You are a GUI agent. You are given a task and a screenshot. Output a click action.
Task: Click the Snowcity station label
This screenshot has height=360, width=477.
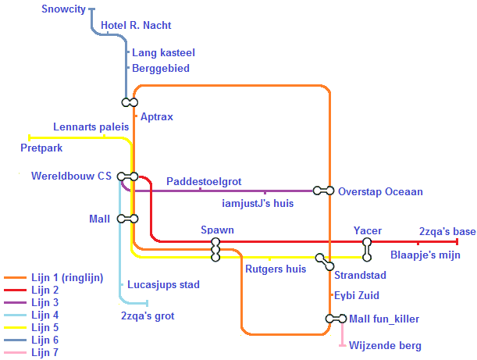[x=64, y=9]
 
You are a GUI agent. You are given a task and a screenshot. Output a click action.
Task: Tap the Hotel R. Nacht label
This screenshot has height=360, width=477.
[x=136, y=26]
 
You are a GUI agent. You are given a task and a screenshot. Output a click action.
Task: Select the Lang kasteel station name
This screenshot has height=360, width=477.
[x=163, y=52]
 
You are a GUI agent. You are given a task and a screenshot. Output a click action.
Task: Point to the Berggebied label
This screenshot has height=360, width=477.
[x=160, y=68]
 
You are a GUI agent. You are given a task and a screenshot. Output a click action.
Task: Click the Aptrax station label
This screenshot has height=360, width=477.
[x=156, y=116]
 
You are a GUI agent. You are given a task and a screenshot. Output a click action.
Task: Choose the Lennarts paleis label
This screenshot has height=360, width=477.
[x=91, y=127]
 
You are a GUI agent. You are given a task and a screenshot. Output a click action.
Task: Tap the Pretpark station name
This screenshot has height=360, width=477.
[x=41, y=147]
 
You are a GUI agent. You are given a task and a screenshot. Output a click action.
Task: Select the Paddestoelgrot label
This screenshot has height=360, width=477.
[x=204, y=181]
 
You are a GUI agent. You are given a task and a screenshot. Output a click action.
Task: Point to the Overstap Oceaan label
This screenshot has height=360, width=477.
[x=380, y=191]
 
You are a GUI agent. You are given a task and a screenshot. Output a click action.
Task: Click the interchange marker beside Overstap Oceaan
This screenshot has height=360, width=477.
[x=323, y=191]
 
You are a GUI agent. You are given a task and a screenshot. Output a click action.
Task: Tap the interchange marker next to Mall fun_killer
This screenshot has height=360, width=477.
[x=336, y=319]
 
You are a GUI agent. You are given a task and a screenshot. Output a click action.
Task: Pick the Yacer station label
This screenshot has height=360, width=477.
[x=368, y=231]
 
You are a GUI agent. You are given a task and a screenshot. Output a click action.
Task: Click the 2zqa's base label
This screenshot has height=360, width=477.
[x=447, y=231]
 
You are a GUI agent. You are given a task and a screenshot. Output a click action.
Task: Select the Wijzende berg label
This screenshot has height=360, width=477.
[x=385, y=345]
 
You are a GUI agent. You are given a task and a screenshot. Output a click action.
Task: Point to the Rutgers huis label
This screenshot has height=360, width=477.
[x=276, y=269]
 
